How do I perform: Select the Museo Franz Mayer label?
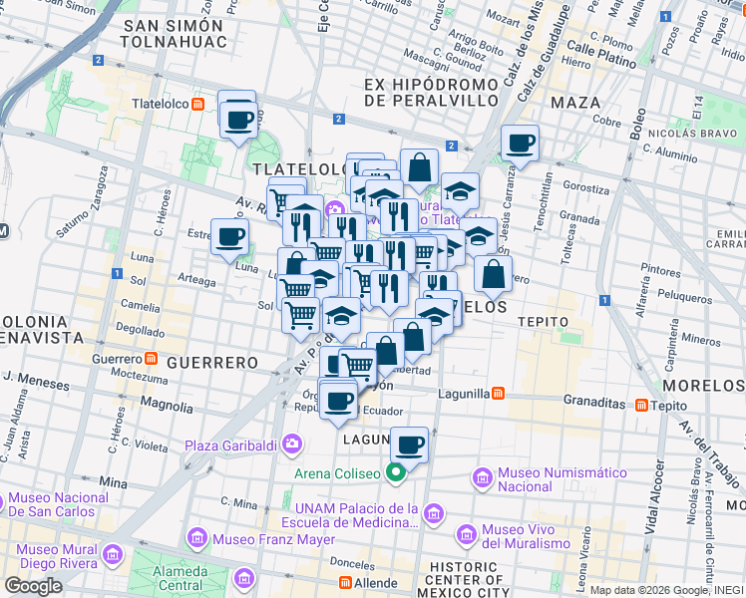255,540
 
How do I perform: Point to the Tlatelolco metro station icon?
198,104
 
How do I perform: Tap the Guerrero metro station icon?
151,358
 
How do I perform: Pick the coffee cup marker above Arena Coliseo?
408,445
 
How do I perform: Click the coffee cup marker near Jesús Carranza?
520,143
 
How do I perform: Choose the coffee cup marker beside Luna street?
230,237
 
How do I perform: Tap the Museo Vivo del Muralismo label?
527,536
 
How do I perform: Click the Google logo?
33,586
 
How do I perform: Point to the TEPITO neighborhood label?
543,322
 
